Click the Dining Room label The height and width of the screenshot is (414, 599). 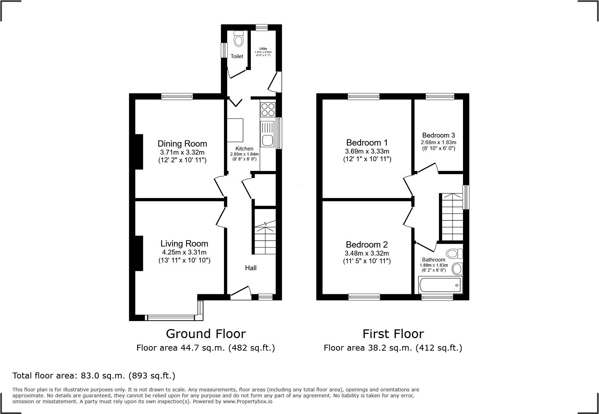click(182, 143)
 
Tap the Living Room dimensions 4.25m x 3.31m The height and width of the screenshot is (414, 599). click(184, 252)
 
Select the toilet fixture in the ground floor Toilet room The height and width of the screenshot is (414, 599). click(238, 39)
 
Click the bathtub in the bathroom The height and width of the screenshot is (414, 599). click(440, 285)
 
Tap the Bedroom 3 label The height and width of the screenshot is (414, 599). click(438, 135)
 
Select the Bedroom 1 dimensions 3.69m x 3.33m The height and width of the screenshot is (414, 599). click(367, 151)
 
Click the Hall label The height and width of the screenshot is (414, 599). click(250, 268)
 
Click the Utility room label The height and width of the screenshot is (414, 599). click(263, 49)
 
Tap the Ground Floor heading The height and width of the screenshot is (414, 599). click(206, 334)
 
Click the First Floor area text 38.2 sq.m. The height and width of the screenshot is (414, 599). click(393, 347)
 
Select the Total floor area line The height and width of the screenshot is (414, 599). click(94, 376)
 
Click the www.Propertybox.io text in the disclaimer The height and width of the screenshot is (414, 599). click(248, 401)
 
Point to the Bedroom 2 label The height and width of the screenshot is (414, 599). click(367, 244)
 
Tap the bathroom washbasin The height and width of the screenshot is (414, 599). click(457, 268)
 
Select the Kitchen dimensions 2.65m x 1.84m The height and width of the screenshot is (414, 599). click(244, 154)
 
